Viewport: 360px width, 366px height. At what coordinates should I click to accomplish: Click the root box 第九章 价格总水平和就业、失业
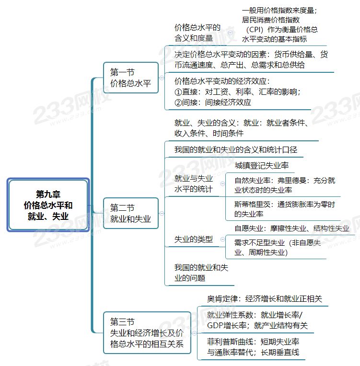(48, 205)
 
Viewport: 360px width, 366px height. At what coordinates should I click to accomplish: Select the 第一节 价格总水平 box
(131, 78)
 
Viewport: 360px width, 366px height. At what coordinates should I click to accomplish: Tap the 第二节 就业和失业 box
(131, 213)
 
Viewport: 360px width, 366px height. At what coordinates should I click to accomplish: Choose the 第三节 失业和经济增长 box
(147, 332)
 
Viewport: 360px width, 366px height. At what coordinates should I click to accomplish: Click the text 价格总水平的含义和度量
(197, 33)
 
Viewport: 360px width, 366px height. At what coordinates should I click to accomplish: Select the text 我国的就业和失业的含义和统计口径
(236, 149)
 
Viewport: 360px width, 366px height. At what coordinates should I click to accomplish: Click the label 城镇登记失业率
(262, 165)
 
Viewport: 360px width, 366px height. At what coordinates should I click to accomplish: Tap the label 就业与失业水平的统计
(194, 183)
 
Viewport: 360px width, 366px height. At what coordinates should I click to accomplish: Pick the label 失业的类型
(194, 239)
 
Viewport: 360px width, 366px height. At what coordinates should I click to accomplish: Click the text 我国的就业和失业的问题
(201, 273)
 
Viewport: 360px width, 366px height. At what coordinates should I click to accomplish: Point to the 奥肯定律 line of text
(265, 298)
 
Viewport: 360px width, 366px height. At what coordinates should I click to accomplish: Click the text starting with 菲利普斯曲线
(253, 347)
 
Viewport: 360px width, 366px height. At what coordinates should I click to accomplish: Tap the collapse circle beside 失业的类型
(222, 239)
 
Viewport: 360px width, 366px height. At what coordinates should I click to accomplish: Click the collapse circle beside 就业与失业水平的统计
(222, 183)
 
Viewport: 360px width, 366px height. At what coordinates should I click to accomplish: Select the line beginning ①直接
(237, 91)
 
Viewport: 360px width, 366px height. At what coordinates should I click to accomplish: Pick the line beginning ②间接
(212, 102)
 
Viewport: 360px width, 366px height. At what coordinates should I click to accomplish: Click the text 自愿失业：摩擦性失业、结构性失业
(292, 229)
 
